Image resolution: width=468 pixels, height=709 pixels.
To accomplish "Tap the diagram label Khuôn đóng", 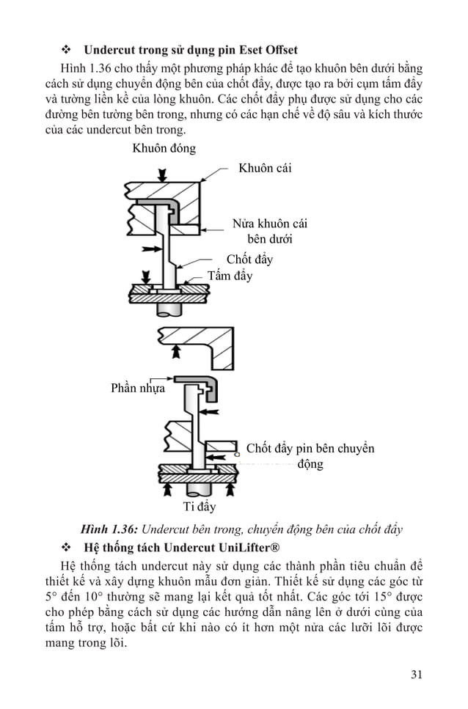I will point(164,149).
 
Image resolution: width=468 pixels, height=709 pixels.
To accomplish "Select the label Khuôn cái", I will point(265,169).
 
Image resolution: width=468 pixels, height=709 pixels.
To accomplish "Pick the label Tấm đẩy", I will point(230,276).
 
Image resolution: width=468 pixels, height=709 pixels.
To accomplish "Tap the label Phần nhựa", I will point(138,388).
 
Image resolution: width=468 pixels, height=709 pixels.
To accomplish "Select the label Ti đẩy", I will point(199,506).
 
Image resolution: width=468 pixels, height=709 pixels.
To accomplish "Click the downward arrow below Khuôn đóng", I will point(163,174).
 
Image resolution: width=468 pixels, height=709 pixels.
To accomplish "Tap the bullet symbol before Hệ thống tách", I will point(66,548).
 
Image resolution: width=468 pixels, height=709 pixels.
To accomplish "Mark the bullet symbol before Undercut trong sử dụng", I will point(66,51).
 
